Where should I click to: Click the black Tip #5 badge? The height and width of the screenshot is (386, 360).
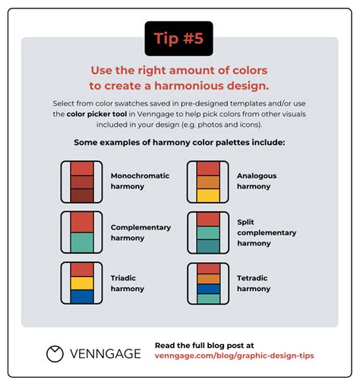point(179,39)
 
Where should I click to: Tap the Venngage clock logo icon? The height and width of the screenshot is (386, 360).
point(55,353)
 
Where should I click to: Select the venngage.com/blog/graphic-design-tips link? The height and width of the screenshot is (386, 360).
point(234,356)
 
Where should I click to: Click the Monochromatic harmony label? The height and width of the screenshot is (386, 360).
point(141,180)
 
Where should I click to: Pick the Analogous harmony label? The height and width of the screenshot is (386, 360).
point(257,180)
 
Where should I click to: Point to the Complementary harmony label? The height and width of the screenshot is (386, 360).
point(141,232)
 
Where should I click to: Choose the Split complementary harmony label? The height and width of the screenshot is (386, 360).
point(267,233)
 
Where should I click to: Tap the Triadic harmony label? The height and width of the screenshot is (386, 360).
point(128,283)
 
